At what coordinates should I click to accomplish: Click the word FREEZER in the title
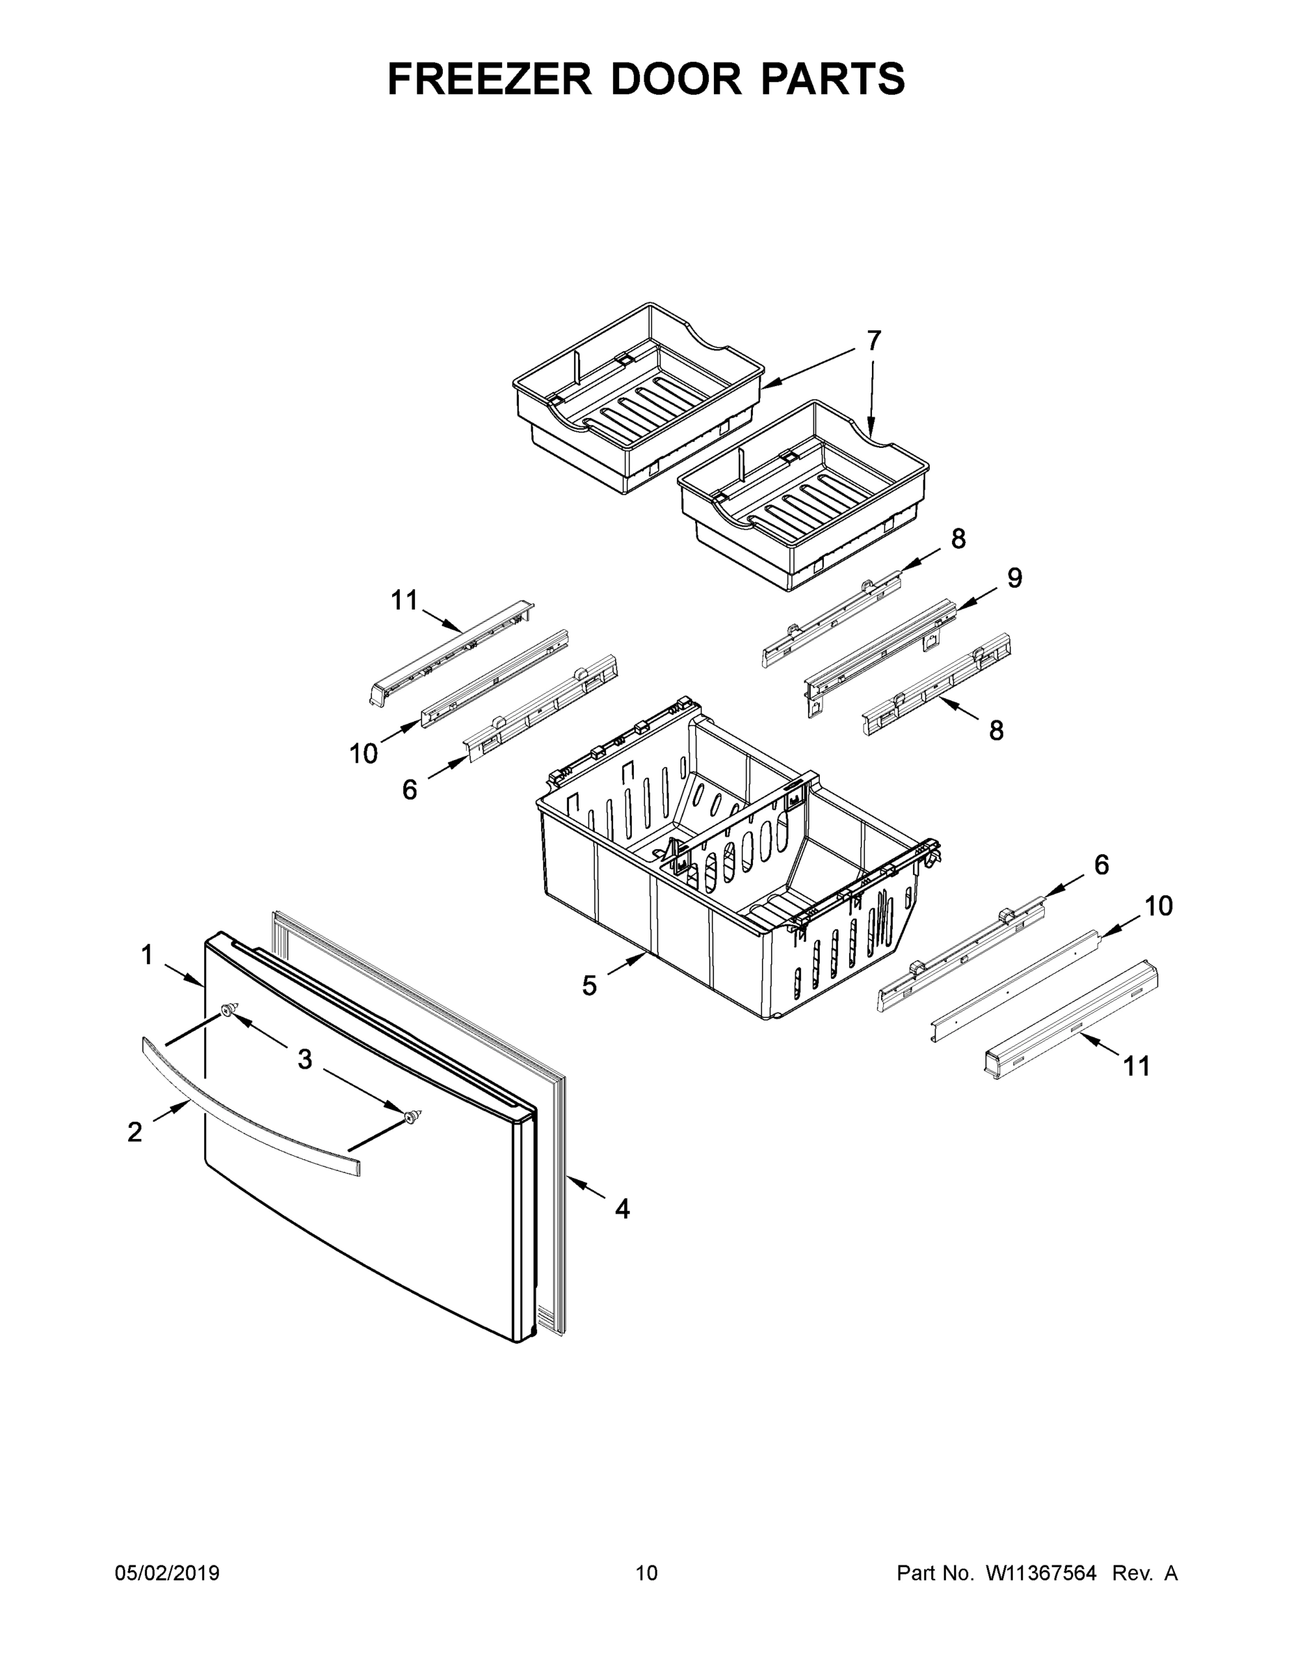click(490, 79)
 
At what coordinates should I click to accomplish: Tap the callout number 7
click(873, 341)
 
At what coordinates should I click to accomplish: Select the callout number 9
click(1014, 578)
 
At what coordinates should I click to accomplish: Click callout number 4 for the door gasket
click(622, 1209)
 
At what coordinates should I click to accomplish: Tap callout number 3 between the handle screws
click(304, 1060)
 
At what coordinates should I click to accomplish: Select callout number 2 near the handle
click(134, 1132)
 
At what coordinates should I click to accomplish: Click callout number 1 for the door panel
click(147, 954)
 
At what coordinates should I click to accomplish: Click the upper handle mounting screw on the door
click(228, 1011)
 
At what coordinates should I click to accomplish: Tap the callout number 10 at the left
click(364, 754)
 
